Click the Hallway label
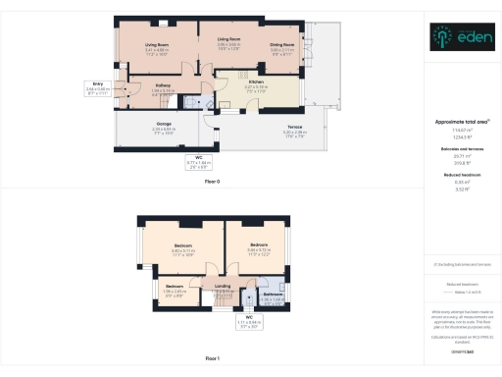pos(164,86)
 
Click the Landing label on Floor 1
pos(222,287)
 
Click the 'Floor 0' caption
pos(212,183)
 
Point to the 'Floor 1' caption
pos(212,359)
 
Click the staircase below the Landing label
pos(222,299)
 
